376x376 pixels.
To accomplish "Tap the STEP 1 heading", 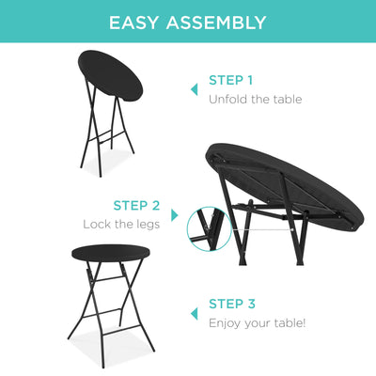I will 230,80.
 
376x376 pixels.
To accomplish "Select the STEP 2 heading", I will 136,205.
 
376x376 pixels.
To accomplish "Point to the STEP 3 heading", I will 231,304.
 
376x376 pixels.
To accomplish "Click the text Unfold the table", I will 255,99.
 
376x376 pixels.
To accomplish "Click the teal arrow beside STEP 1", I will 195,89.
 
